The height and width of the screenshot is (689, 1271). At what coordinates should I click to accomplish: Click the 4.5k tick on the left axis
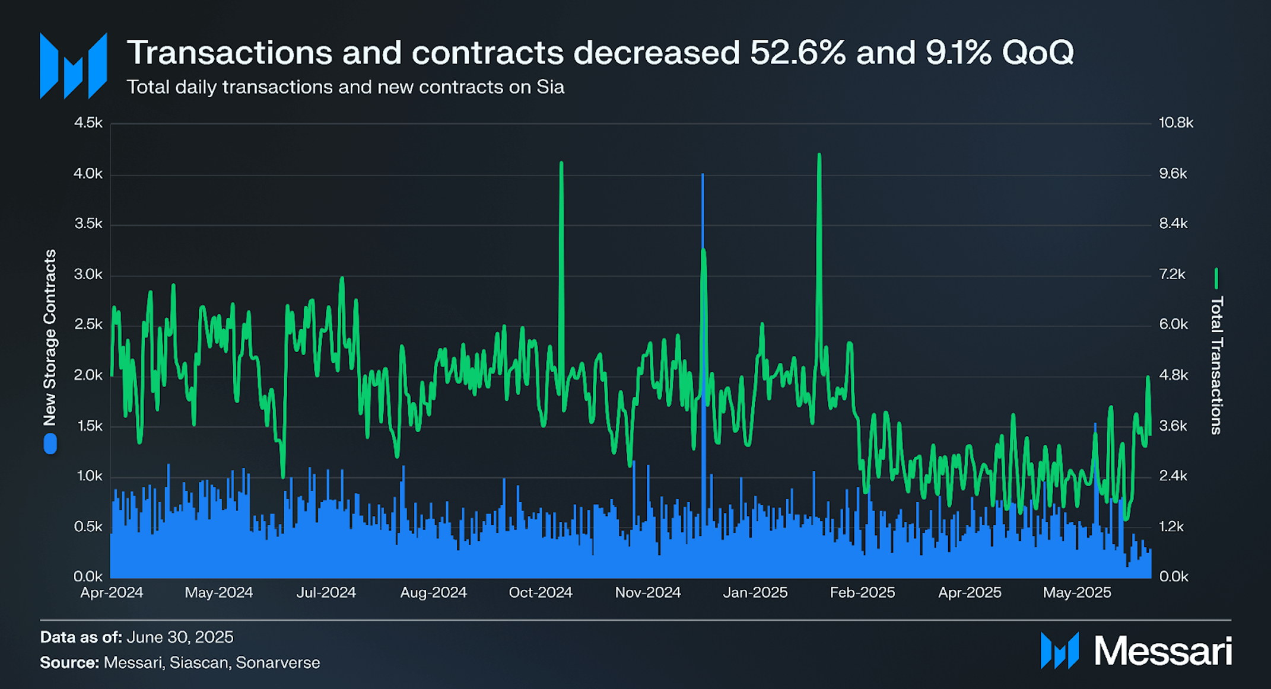pyautogui.click(x=88, y=123)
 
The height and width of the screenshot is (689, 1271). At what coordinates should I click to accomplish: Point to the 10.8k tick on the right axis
pyautogui.click(x=1175, y=123)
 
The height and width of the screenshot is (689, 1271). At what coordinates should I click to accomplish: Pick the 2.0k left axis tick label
pyautogui.click(x=88, y=375)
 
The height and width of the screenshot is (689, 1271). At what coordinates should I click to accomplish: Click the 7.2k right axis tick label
pyautogui.click(x=1172, y=274)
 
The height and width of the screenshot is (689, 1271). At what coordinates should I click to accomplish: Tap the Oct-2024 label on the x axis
pyautogui.click(x=540, y=592)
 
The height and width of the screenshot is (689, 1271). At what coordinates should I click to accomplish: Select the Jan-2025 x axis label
pyautogui.click(x=755, y=592)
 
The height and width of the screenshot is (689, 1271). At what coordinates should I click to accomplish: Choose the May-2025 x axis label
pyautogui.click(x=1077, y=592)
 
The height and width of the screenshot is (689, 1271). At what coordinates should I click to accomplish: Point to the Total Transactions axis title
pyautogui.click(x=1216, y=365)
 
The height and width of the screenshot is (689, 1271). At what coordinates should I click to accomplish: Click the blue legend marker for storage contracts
pyautogui.click(x=50, y=444)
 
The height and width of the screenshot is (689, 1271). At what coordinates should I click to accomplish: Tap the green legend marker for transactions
pyautogui.click(x=1216, y=278)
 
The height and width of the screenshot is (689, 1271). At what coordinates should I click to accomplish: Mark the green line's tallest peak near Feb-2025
pyautogui.click(x=819, y=155)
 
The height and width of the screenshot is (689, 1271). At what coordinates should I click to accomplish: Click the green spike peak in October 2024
pyautogui.click(x=561, y=163)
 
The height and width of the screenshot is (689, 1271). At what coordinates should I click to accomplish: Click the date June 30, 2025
pyautogui.click(x=180, y=637)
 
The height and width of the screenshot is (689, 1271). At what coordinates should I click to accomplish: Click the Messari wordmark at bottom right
pyautogui.click(x=1162, y=651)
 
